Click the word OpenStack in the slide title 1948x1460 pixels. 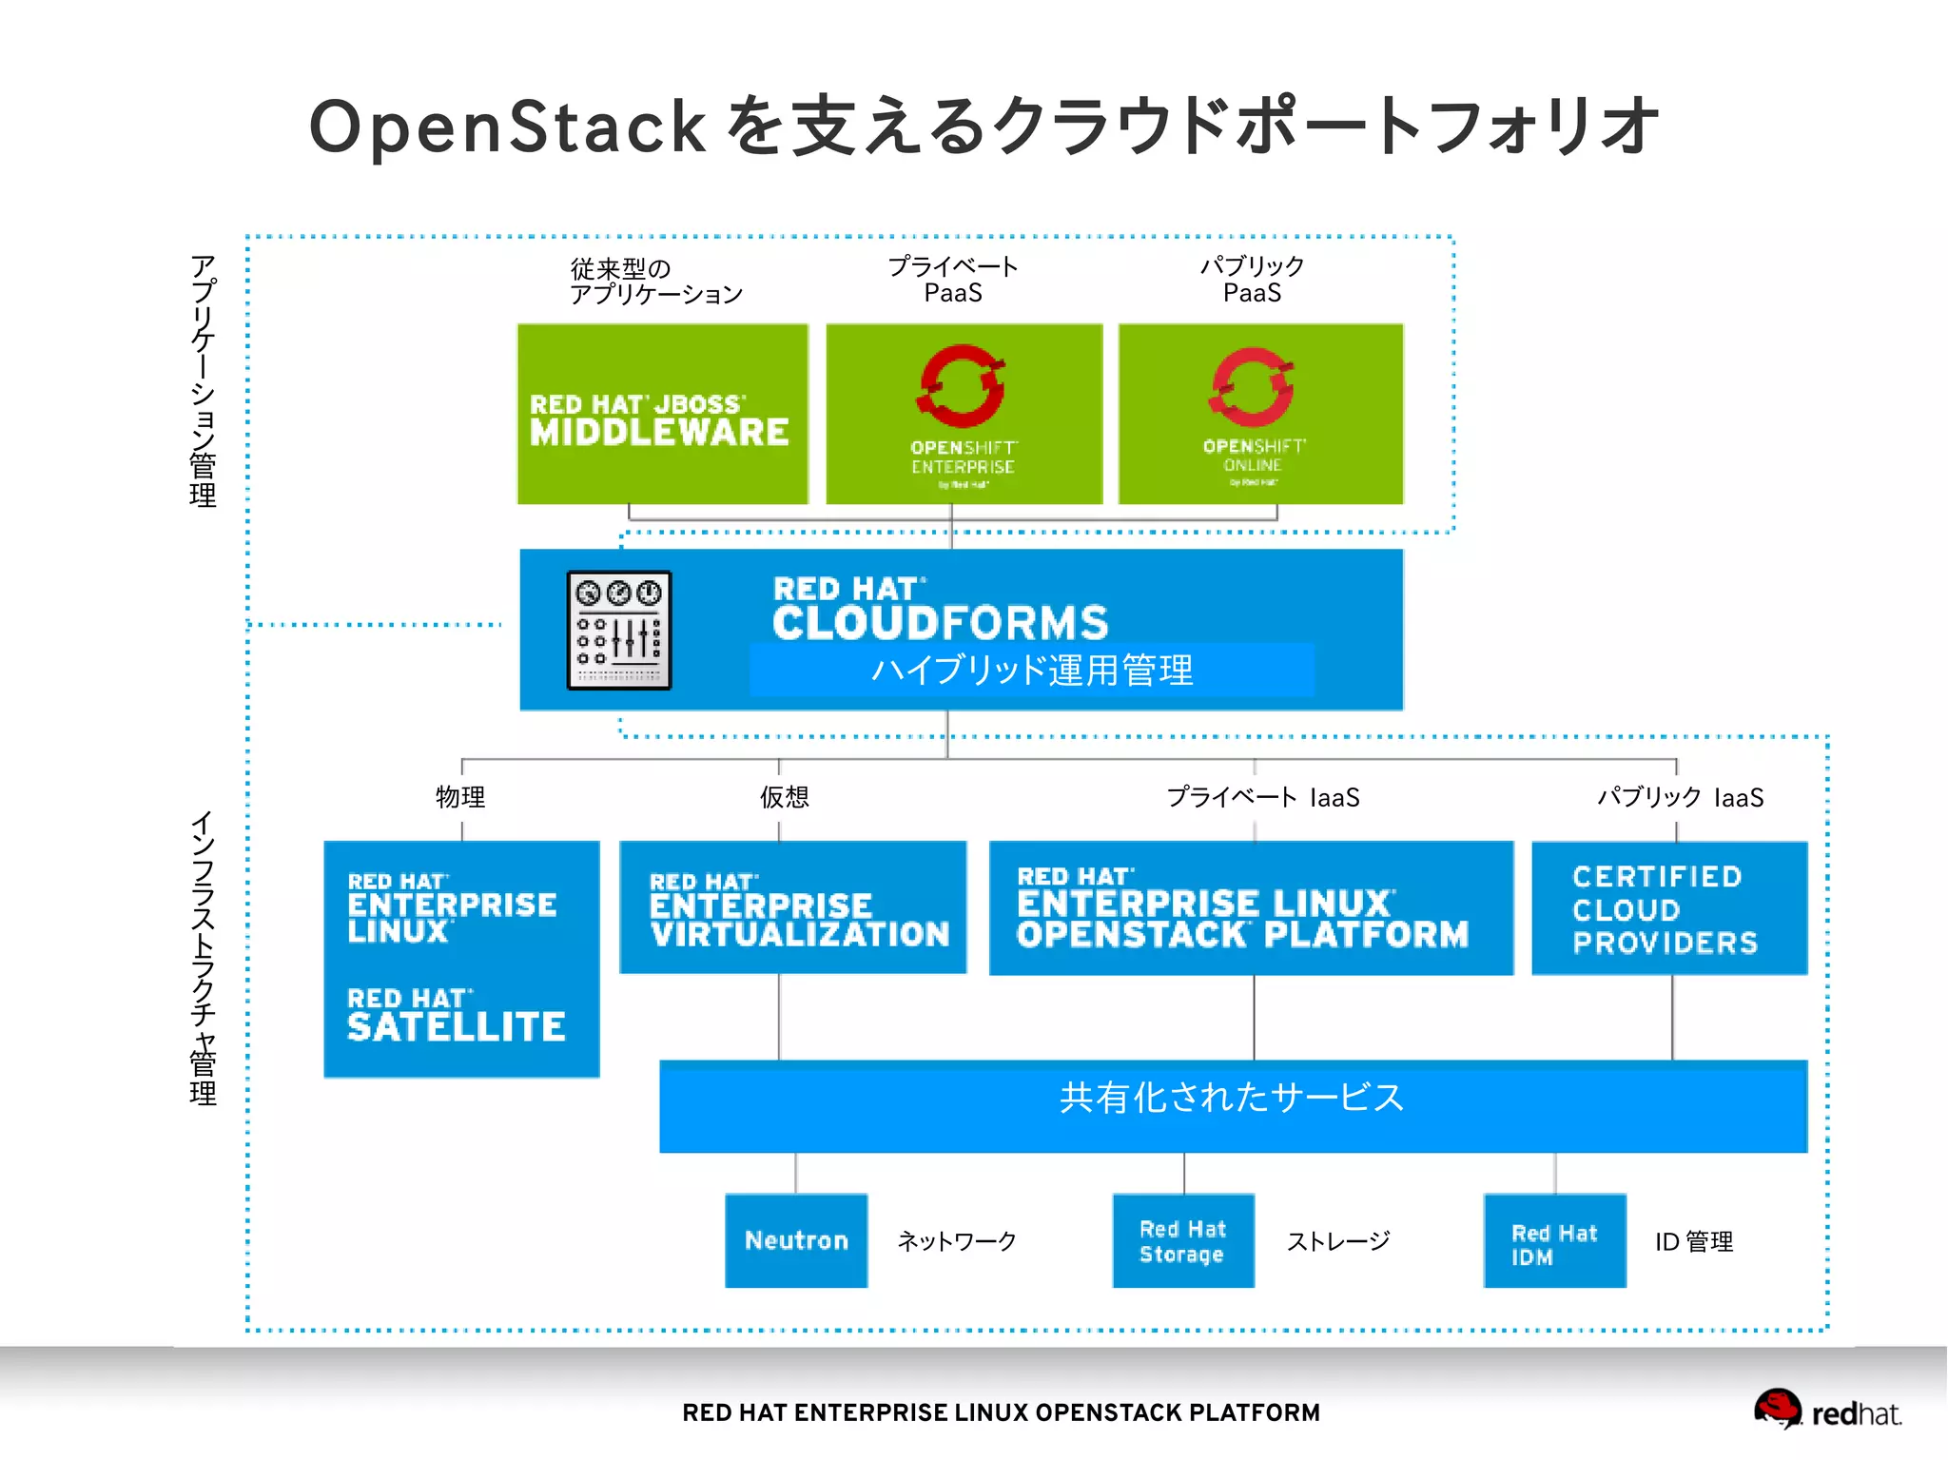[507, 127]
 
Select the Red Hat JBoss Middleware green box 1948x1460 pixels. [662, 415]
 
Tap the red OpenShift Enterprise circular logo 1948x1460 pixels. [962, 386]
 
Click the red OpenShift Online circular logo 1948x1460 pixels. [1253, 386]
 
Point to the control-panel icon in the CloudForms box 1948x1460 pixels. [619, 630]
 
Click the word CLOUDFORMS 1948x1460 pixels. [940, 623]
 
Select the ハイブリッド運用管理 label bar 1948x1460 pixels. [1032, 671]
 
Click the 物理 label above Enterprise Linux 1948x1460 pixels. [460, 797]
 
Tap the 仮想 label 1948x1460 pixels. [784, 797]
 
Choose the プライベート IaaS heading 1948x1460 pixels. [1263, 797]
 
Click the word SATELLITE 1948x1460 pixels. [457, 1027]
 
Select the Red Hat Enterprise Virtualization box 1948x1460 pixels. [792, 907]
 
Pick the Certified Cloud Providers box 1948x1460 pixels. [1668, 908]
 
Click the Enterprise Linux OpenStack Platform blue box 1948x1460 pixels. [1251, 908]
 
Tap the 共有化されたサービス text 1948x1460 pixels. [1232, 1098]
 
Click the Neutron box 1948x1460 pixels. [796, 1240]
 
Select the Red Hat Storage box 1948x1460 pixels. [1183, 1240]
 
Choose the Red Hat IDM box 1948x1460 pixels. [1554, 1240]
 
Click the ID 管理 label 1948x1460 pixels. [1693, 1241]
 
